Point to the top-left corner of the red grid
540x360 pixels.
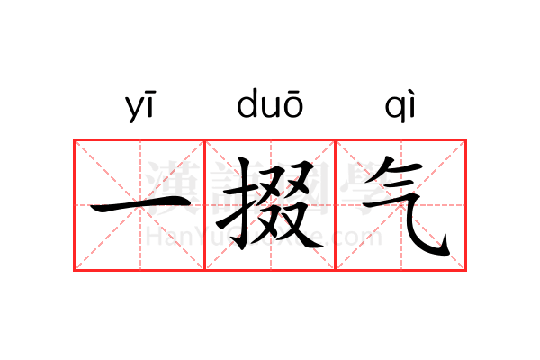74,139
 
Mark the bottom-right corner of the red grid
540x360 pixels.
466,269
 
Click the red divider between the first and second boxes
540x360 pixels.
205,204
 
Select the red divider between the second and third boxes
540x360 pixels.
336,204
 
